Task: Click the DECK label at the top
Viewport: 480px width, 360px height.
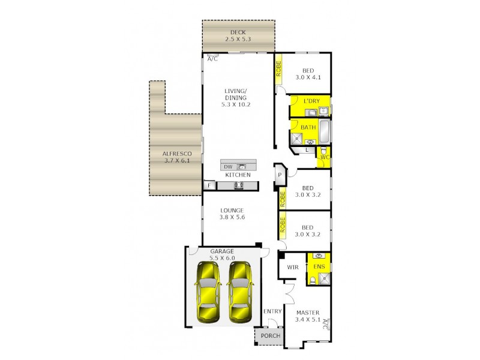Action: [x=238, y=32]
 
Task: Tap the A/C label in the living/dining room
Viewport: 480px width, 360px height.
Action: [x=212, y=59]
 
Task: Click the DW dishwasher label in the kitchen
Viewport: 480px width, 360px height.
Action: [x=227, y=167]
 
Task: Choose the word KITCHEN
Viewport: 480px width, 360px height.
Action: [x=238, y=175]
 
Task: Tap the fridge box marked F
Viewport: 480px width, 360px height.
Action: [x=209, y=186]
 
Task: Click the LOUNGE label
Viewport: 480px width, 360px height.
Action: [x=231, y=211]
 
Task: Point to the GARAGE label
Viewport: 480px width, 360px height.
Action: [x=221, y=251]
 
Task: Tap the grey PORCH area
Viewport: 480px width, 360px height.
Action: [x=269, y=336]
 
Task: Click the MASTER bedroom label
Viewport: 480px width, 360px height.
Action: [x=307, y=313]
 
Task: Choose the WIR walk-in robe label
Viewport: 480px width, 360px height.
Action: [x=293, y=267]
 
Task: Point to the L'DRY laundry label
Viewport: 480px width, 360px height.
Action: [x=311, y=101]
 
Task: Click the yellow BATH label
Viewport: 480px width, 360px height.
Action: [x=308, y=127]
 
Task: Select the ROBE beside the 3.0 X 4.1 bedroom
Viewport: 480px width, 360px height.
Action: [x=278, y=69]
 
